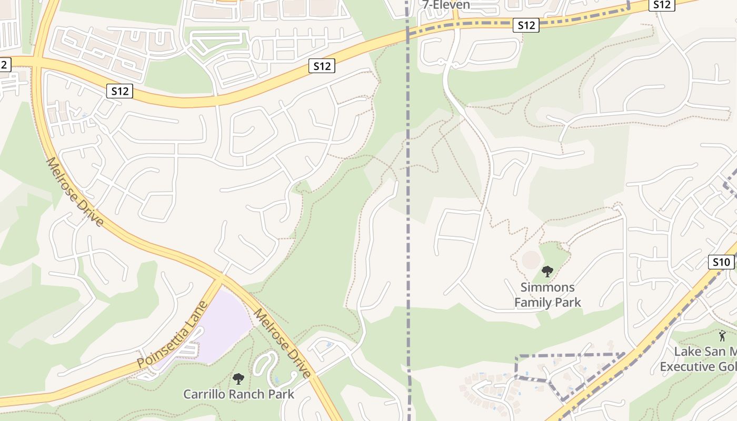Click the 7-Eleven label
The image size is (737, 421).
click(446, 5)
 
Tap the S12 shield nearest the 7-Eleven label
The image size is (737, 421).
click(526, 25)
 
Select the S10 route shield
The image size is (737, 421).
click(721, 262)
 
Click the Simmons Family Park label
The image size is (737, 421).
click(547, 295)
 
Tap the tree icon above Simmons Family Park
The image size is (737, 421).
click(547, 272)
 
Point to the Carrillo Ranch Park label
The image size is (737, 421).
click(238, 394)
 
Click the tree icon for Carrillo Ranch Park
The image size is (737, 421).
click(238, 378)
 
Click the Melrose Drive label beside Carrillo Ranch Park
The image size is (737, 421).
click(282, 343)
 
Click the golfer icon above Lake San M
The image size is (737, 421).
click(722, 336)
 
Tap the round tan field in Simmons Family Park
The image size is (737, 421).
click(531, 259)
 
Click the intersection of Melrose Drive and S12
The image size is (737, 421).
click(37, 63)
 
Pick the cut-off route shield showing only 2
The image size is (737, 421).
click(4, 65)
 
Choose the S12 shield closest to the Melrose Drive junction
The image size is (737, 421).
click(120, 91)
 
